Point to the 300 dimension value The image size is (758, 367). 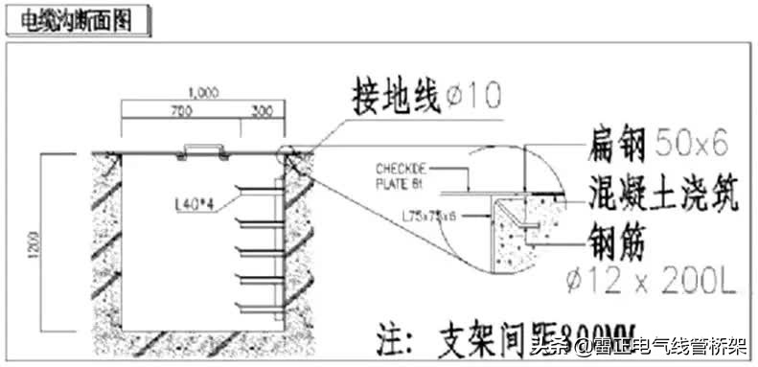(x=260, y=112)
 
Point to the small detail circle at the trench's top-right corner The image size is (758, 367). (x=287, y=152)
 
